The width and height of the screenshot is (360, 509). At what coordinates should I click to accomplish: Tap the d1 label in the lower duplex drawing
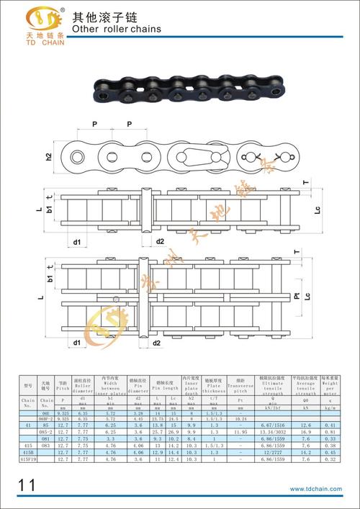click(x=76, y=343)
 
